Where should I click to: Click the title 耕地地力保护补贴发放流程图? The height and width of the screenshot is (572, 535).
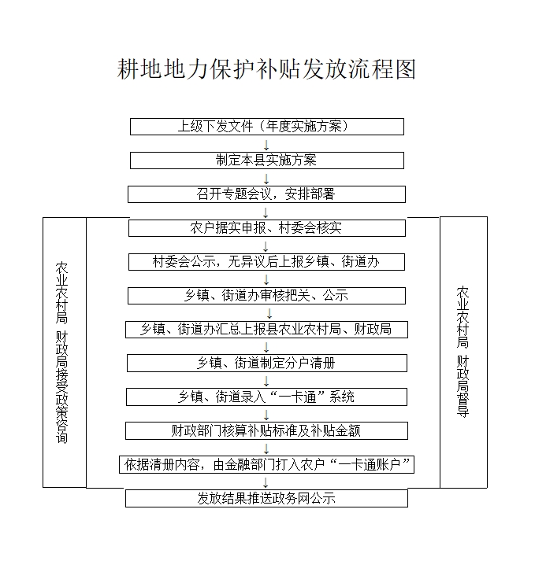click(x=266, y=68)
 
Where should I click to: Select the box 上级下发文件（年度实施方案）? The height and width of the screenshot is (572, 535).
click(x=267, y=127)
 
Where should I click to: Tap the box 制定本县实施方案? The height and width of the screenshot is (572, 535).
click(x=267, y=161)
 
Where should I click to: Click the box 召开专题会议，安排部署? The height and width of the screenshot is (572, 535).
click(x=266, y=194)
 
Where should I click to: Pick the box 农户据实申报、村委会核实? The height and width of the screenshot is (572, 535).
click(x=267, y=228)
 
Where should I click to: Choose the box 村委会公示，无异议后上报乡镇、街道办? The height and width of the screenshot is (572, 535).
click(x=266, y=262)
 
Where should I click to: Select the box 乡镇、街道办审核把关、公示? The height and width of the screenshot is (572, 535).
click(x=266, y=296)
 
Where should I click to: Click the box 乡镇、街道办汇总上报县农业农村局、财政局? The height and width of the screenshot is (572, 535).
click(x=266, y=330)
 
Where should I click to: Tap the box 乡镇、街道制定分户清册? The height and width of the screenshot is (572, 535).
click(x=267, y=363)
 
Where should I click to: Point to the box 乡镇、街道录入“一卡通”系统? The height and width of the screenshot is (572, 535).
click(x=266, y=397)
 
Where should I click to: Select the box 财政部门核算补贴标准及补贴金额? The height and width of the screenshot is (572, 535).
click(x=266, y=431)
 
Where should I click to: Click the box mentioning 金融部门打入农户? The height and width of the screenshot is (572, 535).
click(x=266, y=464)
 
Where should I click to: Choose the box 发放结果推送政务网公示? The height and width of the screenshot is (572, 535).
click(x=266, y=498)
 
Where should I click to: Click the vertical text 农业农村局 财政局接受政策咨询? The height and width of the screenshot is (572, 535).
click(x=61, y=352)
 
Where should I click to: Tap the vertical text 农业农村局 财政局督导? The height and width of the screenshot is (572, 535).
click(x=463, y=352)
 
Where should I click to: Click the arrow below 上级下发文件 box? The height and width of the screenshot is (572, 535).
click(x=266, y=145)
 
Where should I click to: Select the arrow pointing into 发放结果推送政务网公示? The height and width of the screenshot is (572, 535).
click(x=266, y=482)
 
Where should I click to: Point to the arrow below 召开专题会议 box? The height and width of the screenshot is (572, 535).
click(x=266, y=212)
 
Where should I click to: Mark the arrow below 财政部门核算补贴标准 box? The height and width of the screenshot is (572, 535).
click(x=266, y=449)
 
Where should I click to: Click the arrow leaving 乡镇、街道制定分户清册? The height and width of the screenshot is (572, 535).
click(x=266, y=382)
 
